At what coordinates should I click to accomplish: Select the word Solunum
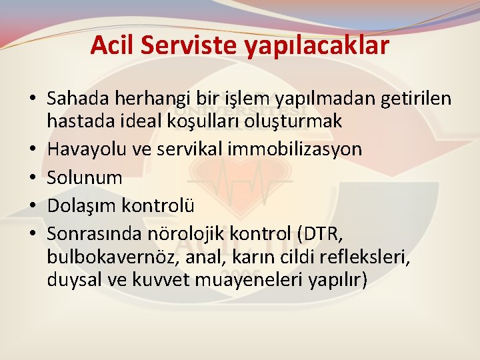85,177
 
